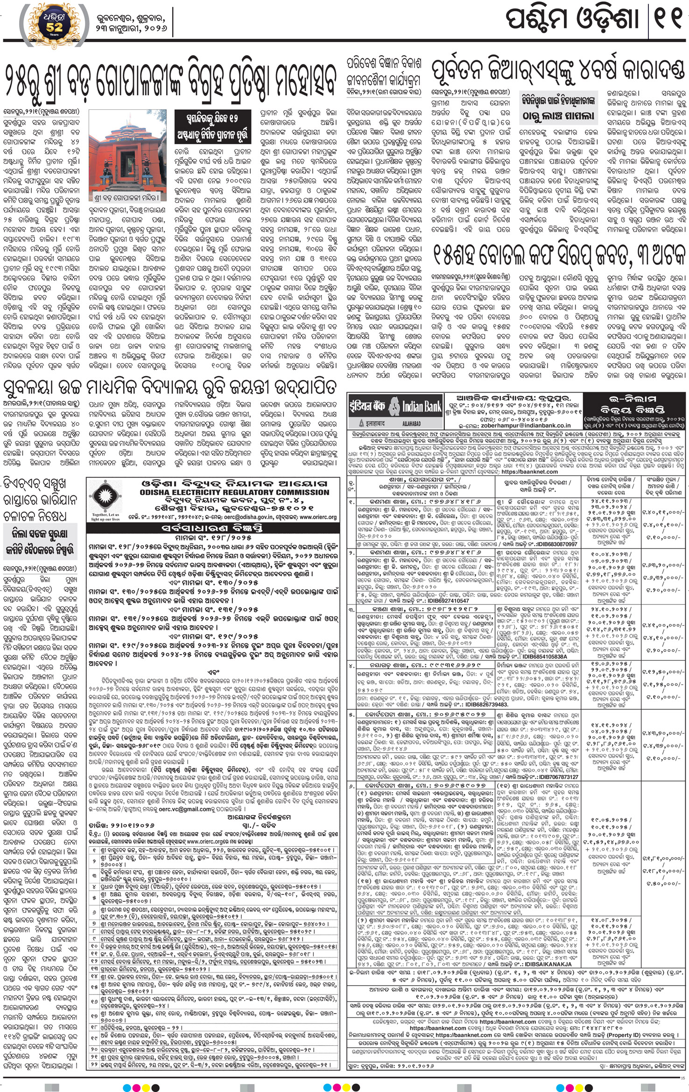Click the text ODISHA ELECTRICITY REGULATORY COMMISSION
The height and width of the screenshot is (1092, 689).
coord(234,492)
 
